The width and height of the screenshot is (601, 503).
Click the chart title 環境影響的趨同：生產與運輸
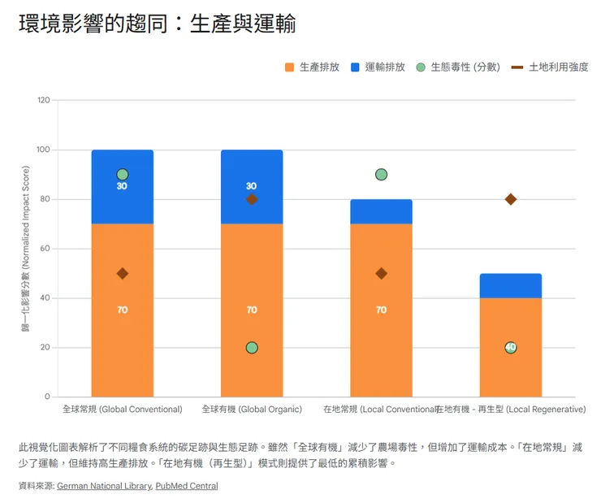[x=157, y=25]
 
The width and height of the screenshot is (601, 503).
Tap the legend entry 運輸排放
[x=378, y=67]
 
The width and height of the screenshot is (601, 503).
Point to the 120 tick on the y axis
[x=43, y=100]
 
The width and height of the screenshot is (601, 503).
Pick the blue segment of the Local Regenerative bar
[x=511, y=286]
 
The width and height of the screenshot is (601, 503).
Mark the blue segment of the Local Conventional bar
[x=381, y=211]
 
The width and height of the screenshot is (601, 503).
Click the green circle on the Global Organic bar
[x=252, y=348]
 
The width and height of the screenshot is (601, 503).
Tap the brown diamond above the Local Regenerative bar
[x=511, y=199]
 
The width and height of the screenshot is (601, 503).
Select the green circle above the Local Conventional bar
[x=381, y=175]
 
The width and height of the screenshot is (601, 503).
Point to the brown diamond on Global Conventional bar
[x=123, y=274]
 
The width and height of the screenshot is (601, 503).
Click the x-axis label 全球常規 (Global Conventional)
[x=123, y=409]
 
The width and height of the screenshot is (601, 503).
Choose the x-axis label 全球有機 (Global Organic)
[x=252, y=409]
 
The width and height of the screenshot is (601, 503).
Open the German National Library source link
[x=104, y=486]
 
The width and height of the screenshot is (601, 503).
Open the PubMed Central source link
[x=187, y=486]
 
